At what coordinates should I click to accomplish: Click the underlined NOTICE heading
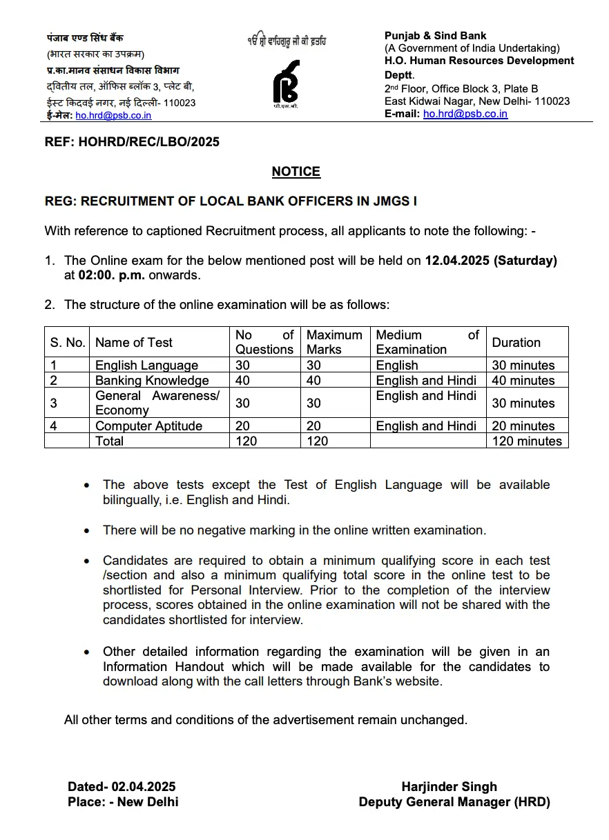[296, 172]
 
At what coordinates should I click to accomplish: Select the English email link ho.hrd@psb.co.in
[465, 114]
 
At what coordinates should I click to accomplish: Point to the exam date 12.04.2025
[457, 261]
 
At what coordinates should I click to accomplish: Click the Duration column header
[516, 342]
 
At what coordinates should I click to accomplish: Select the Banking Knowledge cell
[152, 381]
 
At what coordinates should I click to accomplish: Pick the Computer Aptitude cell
[148, 426]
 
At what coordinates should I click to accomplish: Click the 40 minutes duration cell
[523, 381]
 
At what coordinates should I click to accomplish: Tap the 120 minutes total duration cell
[527, 441]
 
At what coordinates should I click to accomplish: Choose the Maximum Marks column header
[334, 342]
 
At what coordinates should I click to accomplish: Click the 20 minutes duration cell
[523, 426]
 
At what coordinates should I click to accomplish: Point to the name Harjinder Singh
[449, 787]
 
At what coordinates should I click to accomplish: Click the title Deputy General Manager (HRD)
[454, 802]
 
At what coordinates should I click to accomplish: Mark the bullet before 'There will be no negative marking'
[86, 531]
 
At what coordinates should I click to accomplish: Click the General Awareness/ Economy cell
[157, 403]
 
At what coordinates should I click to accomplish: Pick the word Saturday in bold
[525, 261]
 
